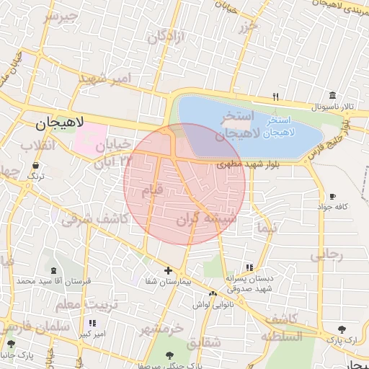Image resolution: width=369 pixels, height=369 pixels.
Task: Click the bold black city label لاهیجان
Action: pyautogui.click(x=60, y=124)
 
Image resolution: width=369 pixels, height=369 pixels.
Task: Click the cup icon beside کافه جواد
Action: pyautogui.click(x=332, y=197)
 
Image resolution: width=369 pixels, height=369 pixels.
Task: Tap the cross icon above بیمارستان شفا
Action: pyautogui.click(x=169, y=271)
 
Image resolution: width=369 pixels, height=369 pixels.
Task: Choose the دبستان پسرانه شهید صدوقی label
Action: pyautogui.click(x=248, y=282)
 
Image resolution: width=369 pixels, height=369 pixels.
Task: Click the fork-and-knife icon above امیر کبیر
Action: pyautogui.click(x=92, y=323)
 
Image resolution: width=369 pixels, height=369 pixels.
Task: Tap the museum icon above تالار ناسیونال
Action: pyautogui.click(x=332, y=96)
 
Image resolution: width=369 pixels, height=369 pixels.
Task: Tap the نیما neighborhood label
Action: pyautogui.click(x=265, y=228)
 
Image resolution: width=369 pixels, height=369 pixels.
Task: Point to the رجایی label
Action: pyautogui.click(x=326, y=254)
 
